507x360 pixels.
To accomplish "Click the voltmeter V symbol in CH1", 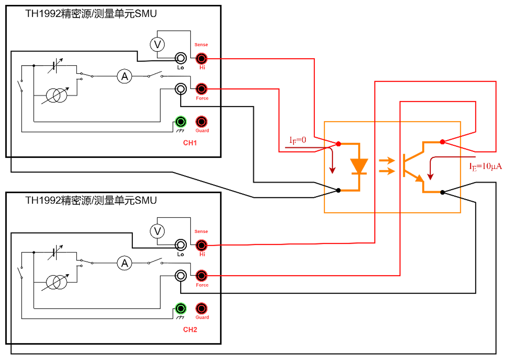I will (157, 45).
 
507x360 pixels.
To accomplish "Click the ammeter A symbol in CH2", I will (124, 263).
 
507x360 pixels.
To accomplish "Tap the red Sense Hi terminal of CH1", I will (202, 58).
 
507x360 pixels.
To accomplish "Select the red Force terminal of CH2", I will (202, 276).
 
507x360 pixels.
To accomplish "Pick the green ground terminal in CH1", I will (181, 122).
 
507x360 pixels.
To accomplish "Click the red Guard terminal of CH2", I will (202, 309).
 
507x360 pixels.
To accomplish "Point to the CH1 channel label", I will (190, 143).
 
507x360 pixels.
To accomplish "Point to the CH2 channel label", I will (190, 330).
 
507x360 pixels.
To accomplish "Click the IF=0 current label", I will (298, 140).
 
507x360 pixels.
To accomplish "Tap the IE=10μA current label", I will (485, 166).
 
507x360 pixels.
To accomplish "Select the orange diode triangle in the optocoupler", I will (359, 166).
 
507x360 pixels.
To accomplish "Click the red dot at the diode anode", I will (339, 144).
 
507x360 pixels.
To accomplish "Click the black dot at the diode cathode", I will (339, 190).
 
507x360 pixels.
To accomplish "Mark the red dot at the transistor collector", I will (442, 142).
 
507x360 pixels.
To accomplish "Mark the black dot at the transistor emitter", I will (442, 192).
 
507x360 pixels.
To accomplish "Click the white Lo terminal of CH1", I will (181, 58).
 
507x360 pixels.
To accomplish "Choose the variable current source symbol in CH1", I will (56, 96).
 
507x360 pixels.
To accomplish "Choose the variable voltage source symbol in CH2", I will (55, 253).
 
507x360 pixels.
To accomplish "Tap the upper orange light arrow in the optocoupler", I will (387, 161).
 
